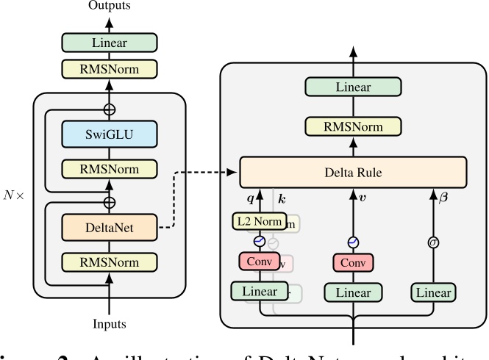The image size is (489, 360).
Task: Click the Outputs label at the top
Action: tap(110, 7)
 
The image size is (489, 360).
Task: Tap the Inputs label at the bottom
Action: tap(110, 324)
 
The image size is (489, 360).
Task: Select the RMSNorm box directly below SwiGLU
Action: tap(110, 170)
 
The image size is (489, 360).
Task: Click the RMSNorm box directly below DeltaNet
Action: tap(110, 261)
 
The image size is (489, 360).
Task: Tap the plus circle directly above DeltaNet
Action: tap(110, 201)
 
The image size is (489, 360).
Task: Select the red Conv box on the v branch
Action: tap(353, 263)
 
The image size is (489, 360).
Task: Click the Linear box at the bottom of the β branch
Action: tap(432, 292)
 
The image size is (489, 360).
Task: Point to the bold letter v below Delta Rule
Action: tap(362, 198)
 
